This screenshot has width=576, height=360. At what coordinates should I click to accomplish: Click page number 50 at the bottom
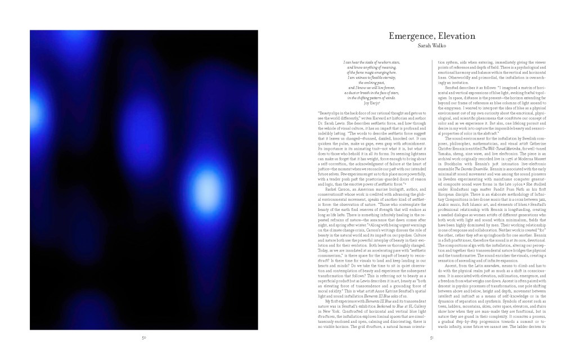point(144,337)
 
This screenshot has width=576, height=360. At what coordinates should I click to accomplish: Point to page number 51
point(431,337)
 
